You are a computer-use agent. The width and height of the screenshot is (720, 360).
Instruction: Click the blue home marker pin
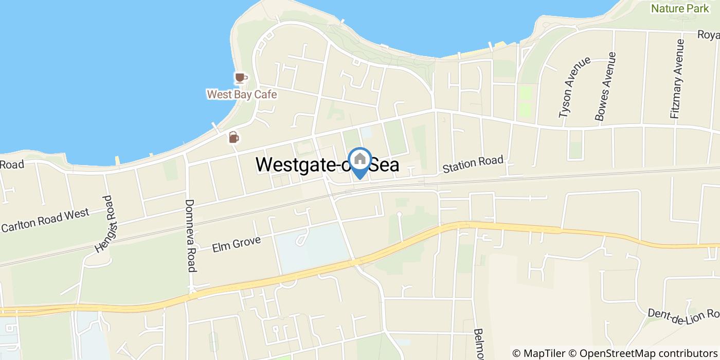(360, 159)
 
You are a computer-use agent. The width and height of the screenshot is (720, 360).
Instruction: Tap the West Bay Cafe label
(242, 95)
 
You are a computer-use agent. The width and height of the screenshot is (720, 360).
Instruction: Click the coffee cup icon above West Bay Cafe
(240, 78)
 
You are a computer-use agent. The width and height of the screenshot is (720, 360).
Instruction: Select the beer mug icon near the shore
(233, 137)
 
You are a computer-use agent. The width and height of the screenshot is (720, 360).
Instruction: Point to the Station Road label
(473, 164)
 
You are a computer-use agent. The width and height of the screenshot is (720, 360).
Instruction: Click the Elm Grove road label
(237, 243)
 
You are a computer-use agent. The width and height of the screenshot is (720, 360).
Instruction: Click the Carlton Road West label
(45, 220)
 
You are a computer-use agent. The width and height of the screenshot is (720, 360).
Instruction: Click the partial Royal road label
(708, 34)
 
